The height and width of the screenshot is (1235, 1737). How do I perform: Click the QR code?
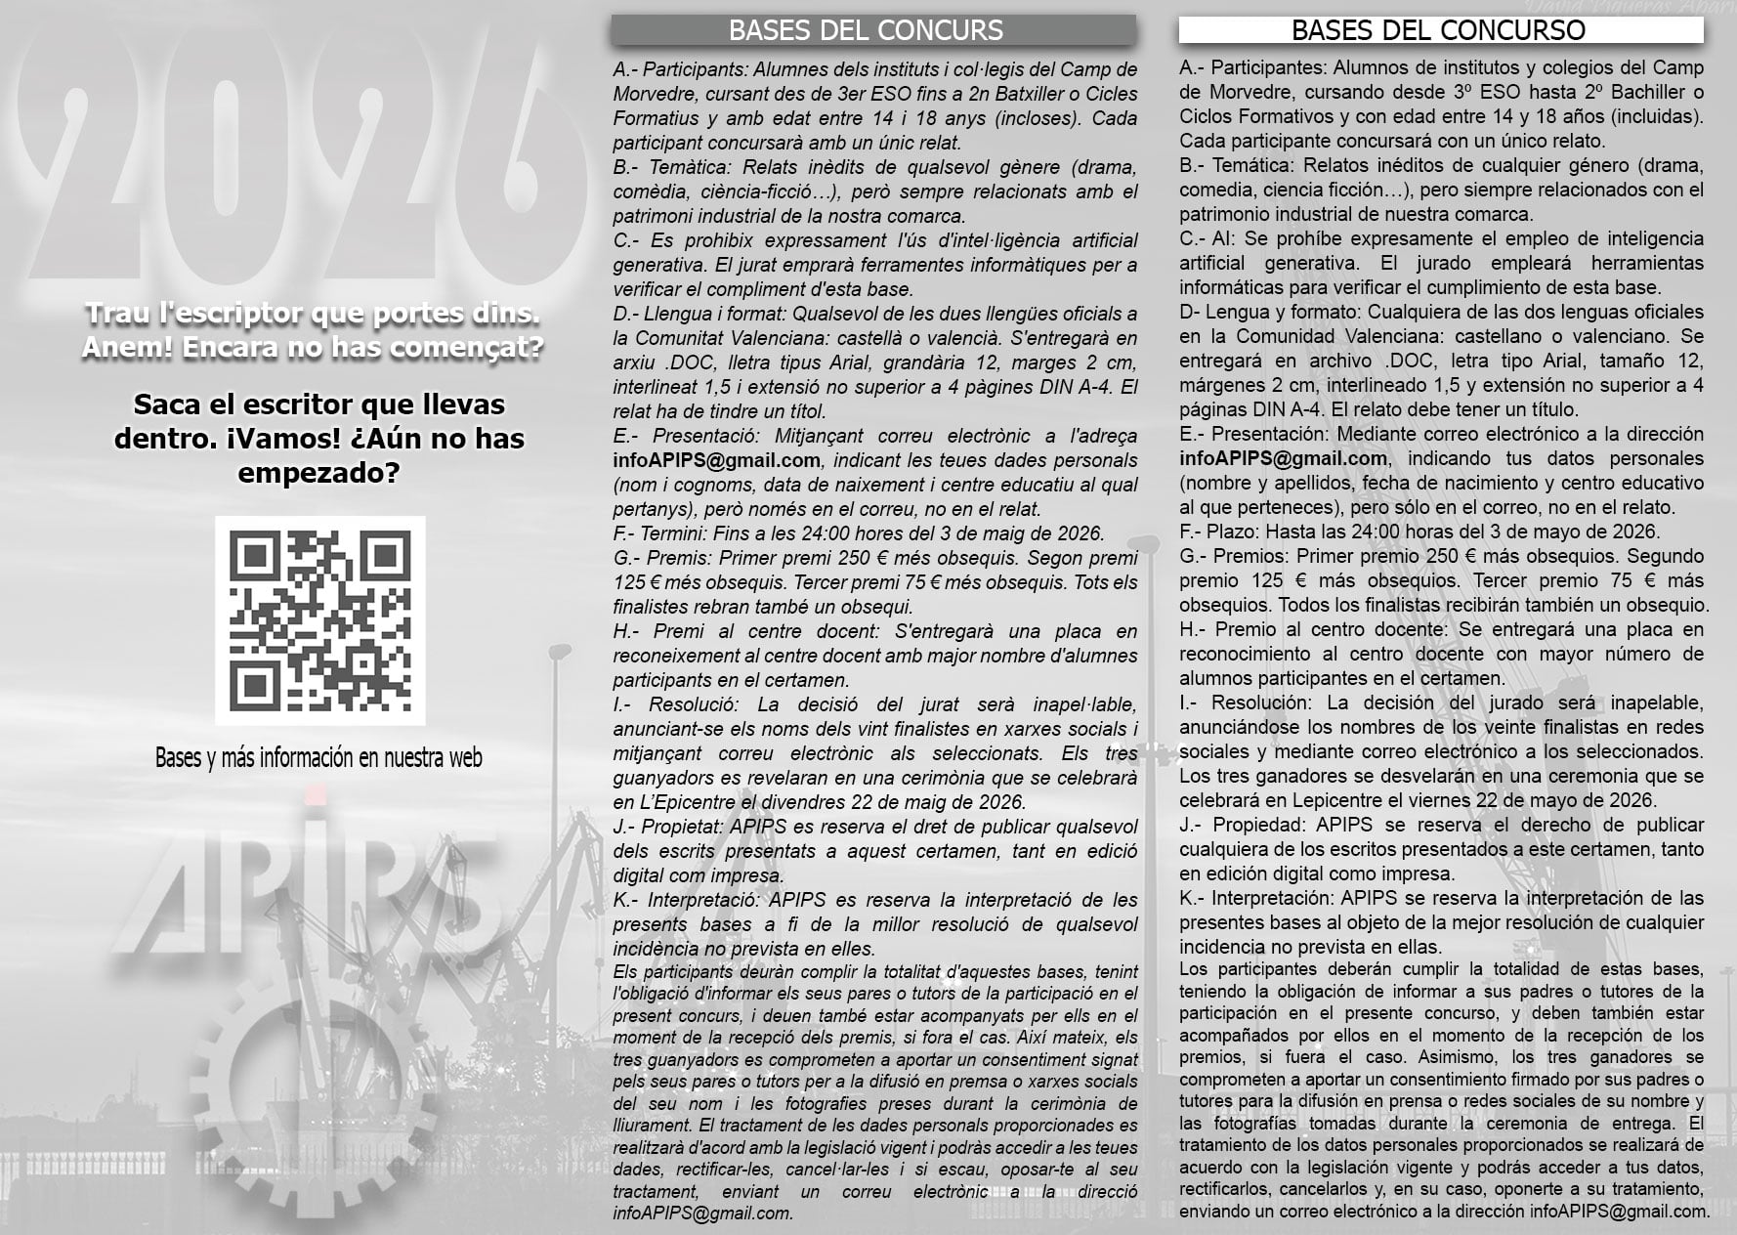coord(319,620)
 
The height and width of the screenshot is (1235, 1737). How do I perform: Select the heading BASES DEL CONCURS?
coord(866,30)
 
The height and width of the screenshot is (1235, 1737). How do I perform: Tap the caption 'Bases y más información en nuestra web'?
coord(318,758)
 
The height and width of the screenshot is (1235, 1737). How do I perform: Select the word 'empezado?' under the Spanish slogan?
coord(318,474)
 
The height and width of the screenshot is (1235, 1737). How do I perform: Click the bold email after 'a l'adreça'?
coord(716,460)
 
